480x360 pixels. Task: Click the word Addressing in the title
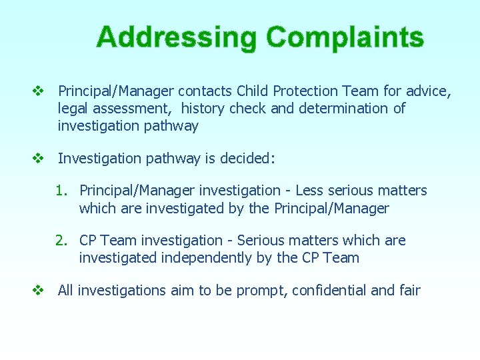(176, 37)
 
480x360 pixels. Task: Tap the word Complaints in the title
(345, 37)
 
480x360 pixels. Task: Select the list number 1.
(61, 191)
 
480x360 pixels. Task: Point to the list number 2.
(61, 241)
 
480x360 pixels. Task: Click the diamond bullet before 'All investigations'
(38, 291)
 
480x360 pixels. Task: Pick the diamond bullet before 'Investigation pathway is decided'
(38, 159)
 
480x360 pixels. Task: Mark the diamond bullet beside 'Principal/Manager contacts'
(38, 91)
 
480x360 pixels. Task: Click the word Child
(253, 91)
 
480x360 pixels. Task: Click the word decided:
(251, 159)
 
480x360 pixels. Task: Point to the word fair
(409, 291)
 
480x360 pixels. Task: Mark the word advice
(429, 91)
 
